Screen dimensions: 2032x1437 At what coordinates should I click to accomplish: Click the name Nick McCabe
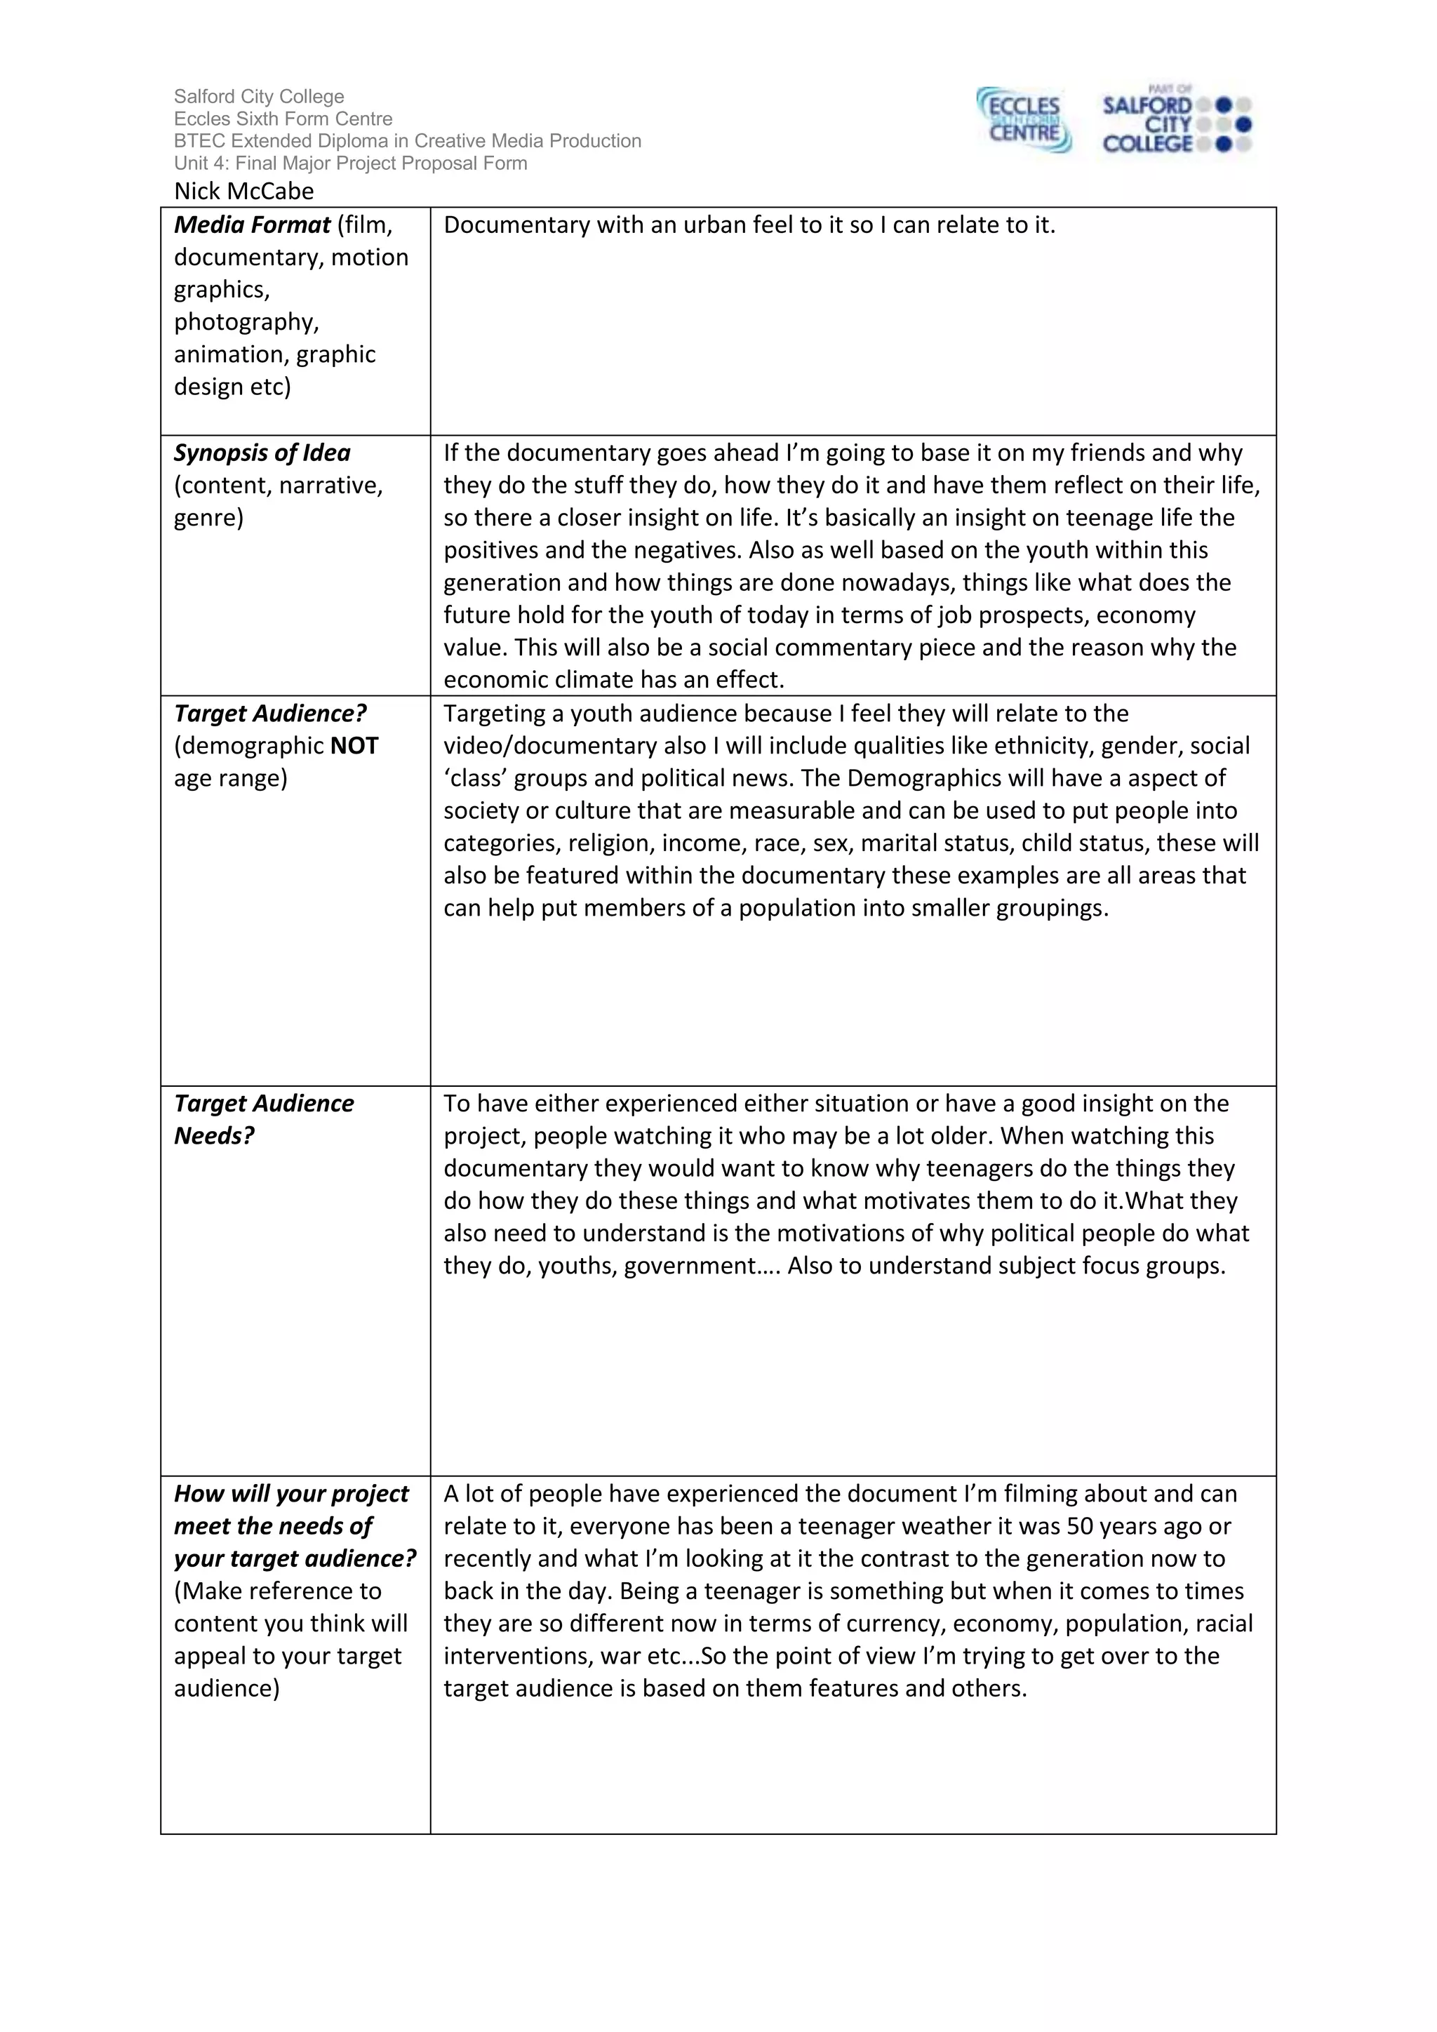click(243, 191)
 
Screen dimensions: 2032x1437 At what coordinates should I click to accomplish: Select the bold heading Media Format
click(251, 225)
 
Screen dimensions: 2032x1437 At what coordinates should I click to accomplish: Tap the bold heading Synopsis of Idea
click(262, 453)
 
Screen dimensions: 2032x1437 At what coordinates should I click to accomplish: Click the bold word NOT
click(354, 746)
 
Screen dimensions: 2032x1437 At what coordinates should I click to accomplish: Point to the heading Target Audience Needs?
click(263, 1120)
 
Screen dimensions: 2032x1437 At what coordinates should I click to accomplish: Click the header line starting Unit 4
click(350, 163)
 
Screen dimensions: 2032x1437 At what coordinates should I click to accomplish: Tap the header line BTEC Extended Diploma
click(407, 142)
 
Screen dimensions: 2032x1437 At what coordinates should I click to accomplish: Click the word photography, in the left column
click(246, 322)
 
